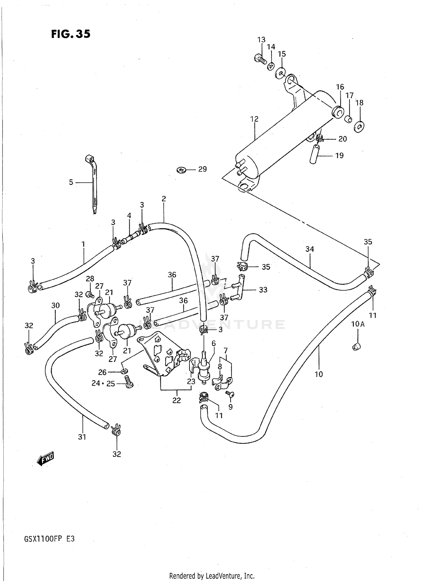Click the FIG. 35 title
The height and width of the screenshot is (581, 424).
(71, 34)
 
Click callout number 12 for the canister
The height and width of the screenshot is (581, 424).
(254, 119)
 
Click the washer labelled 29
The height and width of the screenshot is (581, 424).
(181, 170)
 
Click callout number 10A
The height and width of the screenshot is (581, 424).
(358, 324)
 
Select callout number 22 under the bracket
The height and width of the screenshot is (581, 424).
(177, 400)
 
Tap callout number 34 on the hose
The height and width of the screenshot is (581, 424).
(310, 249)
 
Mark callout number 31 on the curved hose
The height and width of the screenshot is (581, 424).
(82, 437)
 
